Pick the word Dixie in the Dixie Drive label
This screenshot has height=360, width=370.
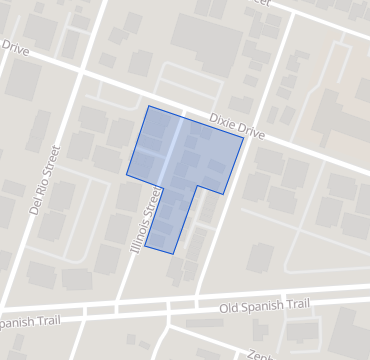[223, 120]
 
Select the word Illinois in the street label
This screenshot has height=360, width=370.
[141, 232]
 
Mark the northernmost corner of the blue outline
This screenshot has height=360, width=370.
[149, 106]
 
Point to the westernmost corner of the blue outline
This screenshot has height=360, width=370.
[126, 175]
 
